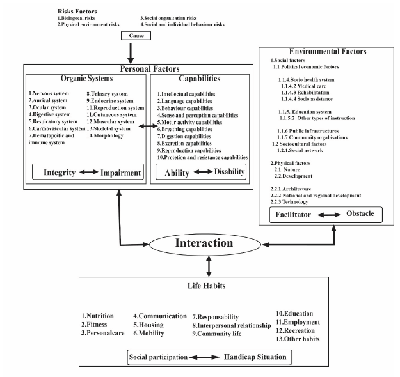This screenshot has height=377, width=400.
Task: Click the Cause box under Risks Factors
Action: point(136,36)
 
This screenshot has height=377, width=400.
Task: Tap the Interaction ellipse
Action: point(205,244)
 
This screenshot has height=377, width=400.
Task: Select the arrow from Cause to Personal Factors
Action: point(131,54)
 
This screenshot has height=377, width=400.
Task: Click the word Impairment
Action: point(121,173)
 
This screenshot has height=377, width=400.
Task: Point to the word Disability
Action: point(229,172)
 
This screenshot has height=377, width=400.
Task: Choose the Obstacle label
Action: point(360,213)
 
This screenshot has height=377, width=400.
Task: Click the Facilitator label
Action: point(293,215)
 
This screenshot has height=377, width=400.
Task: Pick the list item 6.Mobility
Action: point(148,333)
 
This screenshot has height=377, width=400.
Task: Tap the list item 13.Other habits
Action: point(298,339)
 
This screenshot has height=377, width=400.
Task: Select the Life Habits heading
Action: point(206,286)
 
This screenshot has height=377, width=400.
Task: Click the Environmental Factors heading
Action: point(328,52)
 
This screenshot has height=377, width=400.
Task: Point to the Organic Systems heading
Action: point(86,78)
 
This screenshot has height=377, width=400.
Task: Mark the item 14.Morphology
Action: point(105,135)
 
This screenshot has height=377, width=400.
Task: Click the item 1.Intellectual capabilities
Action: point(186,94)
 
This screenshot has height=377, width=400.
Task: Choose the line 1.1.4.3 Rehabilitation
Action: point(305,93)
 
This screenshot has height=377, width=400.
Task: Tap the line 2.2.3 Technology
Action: point(289,202)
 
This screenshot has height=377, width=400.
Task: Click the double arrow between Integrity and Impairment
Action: point(88,172)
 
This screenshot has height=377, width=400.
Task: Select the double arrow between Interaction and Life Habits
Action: point(209,266)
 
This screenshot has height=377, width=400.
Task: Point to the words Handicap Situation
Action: point(255,357)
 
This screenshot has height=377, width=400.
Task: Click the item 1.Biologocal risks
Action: point(76,18)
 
